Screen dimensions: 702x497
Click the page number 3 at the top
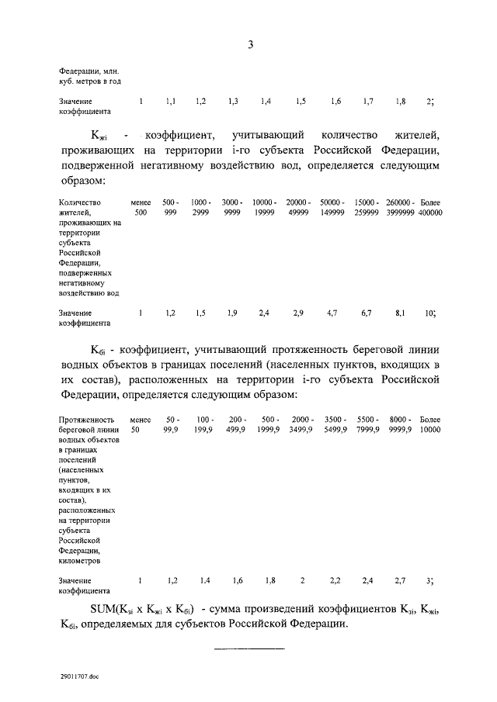pyautogui.click(x=251, y=45)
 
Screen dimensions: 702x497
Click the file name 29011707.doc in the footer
pyautogui.click(x=78, y=676)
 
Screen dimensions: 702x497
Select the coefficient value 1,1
pyautogui.click(x=171, y=102)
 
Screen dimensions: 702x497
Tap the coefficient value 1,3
pyautogui.click(x=233, y=102)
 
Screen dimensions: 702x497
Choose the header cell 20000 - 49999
pyautogui.click(x=299, y=206)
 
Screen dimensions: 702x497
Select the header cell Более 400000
pyautogui.click(x=429, y=206)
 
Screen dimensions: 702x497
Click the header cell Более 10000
pyautogui.click(x=429, y=424)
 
